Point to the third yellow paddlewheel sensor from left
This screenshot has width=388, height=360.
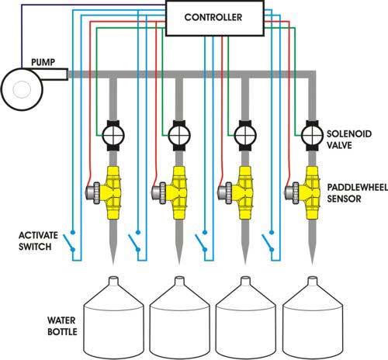coord(244,189)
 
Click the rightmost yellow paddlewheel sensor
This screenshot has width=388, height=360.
coord(311,189)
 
